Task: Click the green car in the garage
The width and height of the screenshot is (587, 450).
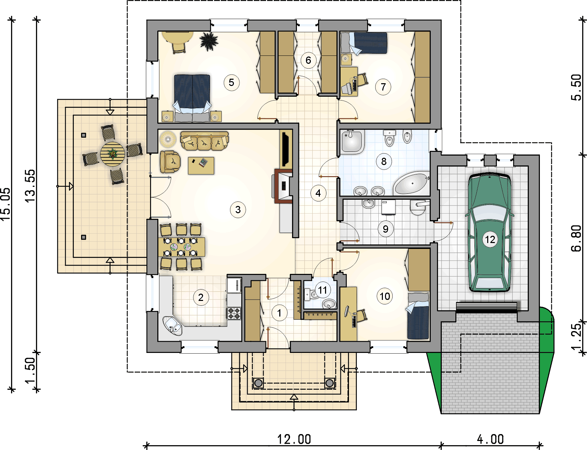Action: (x=490, y=232)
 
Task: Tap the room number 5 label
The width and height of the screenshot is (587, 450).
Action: (x=231, y=83)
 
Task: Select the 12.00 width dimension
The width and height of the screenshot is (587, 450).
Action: (x=294, y=439)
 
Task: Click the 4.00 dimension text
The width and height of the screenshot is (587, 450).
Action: (x=490, y=439)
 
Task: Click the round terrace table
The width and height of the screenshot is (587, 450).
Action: (x=113, y=154)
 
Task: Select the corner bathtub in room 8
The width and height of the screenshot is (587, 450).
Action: (x=411, y=183)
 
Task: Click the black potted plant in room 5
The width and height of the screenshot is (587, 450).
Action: (x=209, y=41)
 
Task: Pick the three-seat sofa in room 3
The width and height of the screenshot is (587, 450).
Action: (x=204, y=141)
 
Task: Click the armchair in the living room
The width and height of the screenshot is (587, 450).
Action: (x=170, y=162)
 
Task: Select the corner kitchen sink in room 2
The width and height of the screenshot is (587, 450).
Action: (x=173, y=326)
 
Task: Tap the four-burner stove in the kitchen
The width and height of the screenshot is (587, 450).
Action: (x=234, y=313)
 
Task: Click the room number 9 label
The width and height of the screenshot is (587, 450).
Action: (x=385, y=229)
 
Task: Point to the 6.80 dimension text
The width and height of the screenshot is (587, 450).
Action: (x=576, y=238)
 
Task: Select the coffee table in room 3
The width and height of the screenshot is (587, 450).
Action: (x=201, y=165)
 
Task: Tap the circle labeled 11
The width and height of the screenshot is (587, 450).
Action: (x=323, y=290)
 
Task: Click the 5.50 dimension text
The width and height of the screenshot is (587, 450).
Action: (x=576, y=87)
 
